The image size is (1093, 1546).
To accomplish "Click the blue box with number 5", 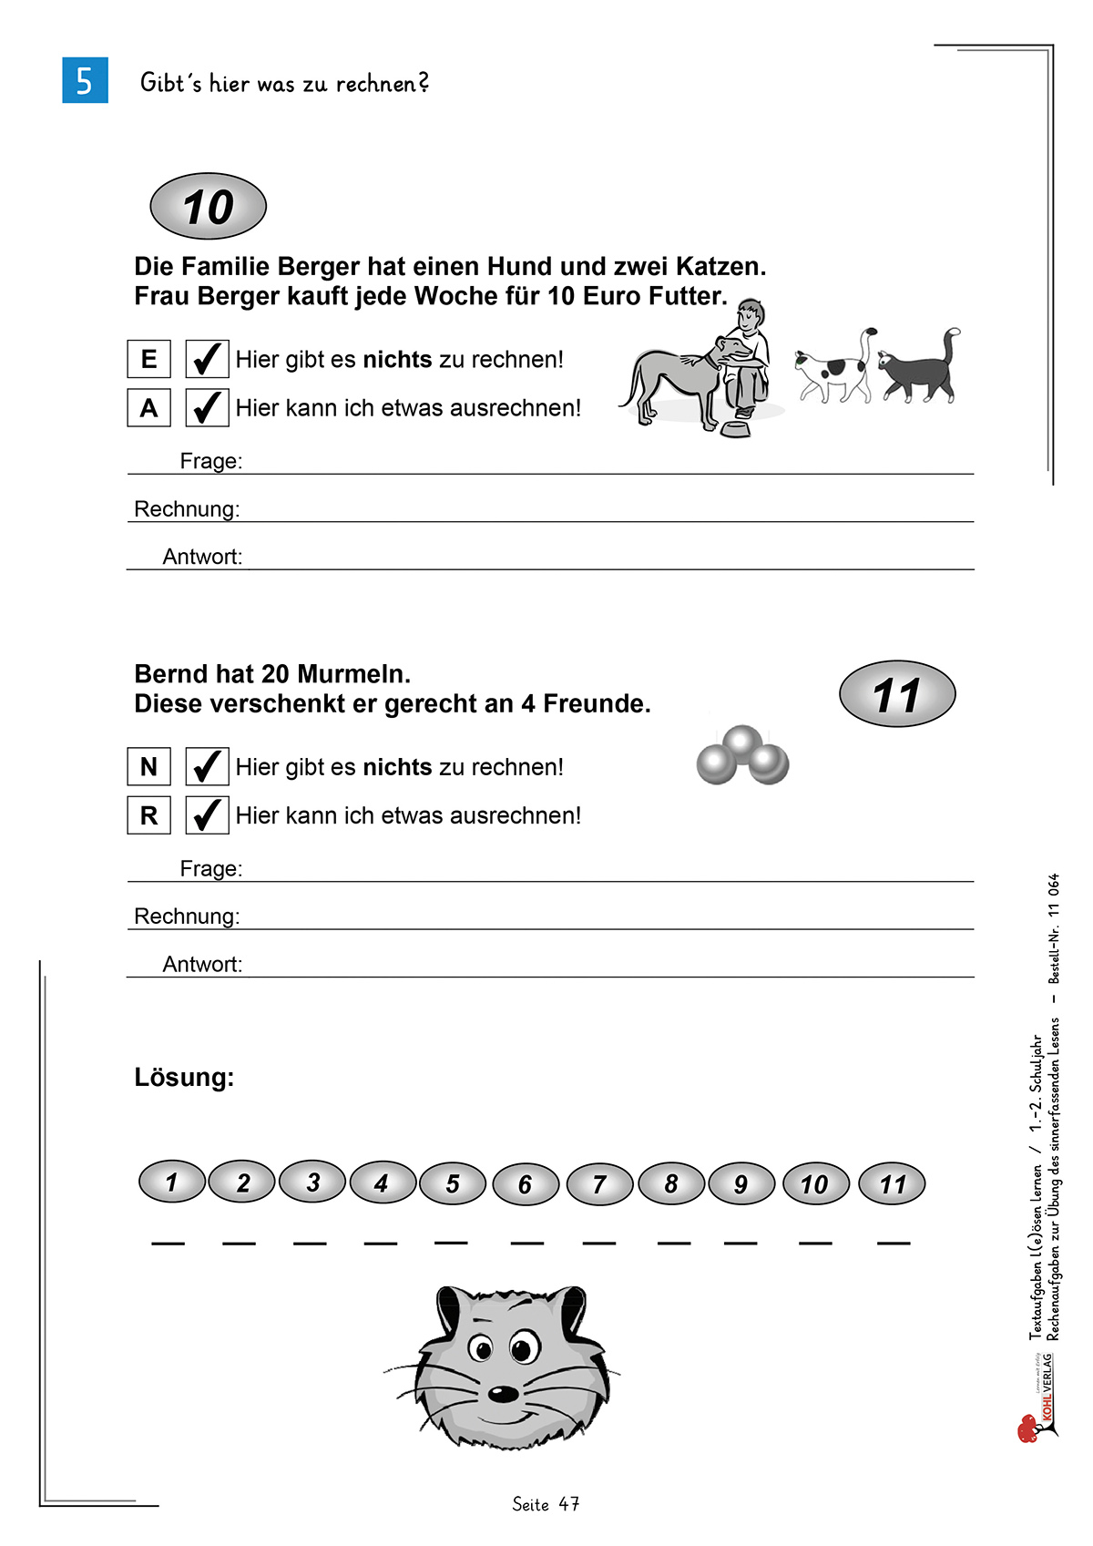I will click(85, 80).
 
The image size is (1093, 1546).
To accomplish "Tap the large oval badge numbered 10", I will click(208, 207).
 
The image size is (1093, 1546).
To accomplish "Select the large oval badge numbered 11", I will click(896, 694).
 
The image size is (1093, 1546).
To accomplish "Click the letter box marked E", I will click(148, 359).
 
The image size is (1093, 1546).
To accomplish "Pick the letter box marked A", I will click(148, 407).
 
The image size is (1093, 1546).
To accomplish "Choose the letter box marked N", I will click(148, 766).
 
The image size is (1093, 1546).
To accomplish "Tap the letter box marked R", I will click(148, 814).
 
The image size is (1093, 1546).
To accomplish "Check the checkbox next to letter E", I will click(207, 359).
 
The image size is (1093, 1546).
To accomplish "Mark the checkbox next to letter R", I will click(207, 814).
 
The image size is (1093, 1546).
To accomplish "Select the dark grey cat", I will click(918, 369).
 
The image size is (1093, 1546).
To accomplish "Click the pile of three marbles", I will click(742, 755).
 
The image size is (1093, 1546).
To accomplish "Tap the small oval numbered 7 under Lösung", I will click(599, 1184).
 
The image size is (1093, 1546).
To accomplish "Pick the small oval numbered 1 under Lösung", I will click(171, 1182).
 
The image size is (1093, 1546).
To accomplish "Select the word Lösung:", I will click(184, 1078).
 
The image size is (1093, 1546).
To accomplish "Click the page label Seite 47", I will click(546, 1504).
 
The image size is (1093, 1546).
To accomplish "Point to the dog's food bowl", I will click(735, 427).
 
